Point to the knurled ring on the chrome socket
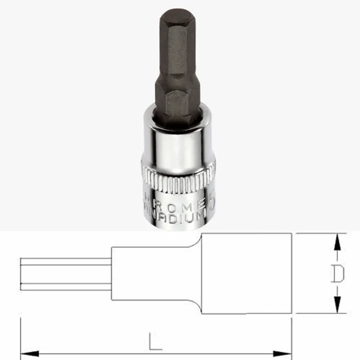178,183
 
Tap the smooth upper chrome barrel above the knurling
178,144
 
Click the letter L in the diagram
155,343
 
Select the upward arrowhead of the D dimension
337,243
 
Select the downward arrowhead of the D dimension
337,304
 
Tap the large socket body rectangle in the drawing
247,274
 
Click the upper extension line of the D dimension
315,233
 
